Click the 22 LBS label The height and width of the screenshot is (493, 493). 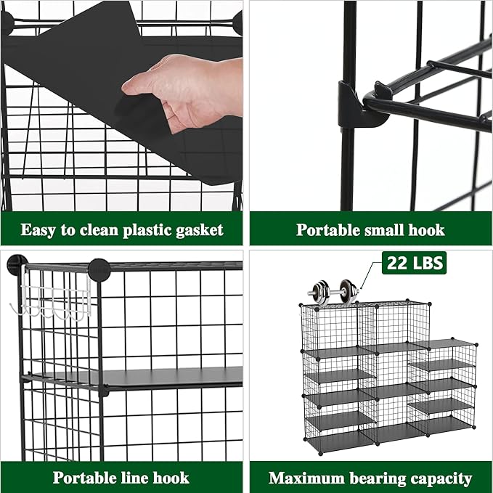(x=414, y=263)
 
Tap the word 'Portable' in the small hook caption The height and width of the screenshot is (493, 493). (x=328, y=230)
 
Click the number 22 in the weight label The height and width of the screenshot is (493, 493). (x=396, y=263)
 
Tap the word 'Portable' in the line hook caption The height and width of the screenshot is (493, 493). (x=85, y=478)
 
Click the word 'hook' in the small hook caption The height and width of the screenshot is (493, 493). (x=427, y=230)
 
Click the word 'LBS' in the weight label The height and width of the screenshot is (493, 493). (x=427, y=263)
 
